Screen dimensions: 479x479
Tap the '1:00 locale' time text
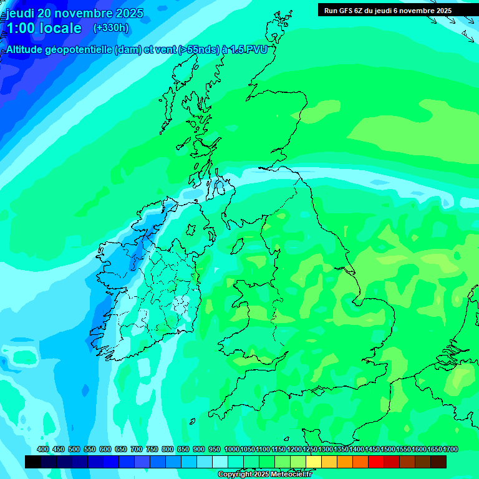44,28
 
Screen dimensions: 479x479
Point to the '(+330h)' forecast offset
111,28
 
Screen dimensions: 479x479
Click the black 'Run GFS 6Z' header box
387,10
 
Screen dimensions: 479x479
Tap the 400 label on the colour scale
43,449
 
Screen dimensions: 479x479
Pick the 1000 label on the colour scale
232,449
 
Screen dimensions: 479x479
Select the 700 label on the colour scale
137,449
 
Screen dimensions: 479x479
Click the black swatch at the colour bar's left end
33,462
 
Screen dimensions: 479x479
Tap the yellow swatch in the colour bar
314,462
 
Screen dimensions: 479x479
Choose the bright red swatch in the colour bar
376,462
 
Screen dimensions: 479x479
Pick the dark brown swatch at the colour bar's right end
438,462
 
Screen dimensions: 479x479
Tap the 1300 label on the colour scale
326,449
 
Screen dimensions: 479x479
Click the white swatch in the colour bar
220,462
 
